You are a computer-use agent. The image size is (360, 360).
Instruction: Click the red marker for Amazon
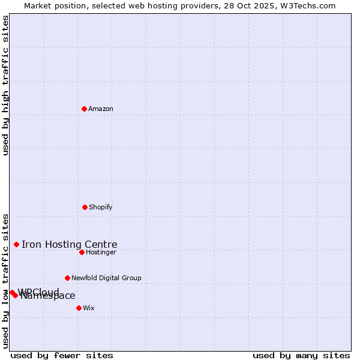(x=85, y=109)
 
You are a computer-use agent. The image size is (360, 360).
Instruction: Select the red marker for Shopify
(x=85, y=207)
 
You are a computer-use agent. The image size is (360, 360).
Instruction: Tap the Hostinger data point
(x=82, y=252)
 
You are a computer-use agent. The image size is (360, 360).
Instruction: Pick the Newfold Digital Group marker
(x=67, y=278)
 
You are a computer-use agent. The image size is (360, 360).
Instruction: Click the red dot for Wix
(x=79, y=308)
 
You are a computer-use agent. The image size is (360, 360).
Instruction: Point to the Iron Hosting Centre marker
(x=16, y=244)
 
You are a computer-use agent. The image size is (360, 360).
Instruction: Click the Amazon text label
(x=101, y=109)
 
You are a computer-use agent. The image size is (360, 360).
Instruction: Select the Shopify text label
(x=101, y=207)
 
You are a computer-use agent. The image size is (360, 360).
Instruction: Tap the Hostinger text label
(x=101, y=252)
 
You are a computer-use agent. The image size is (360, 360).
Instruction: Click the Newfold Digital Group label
(x=106, y=278)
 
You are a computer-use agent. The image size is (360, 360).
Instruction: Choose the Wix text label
(x=89, y=308)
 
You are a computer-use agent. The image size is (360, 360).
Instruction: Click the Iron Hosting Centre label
(x=70, y=244)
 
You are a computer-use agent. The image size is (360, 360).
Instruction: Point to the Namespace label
(x=48, y=296)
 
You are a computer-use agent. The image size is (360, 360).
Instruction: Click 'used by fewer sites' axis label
(x=62, y=355)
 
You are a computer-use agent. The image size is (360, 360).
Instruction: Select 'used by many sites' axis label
(x=301, y=355)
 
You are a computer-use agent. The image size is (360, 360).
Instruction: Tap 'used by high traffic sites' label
(x=5, y=86)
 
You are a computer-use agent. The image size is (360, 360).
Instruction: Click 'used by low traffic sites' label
(x=5, y=280)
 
